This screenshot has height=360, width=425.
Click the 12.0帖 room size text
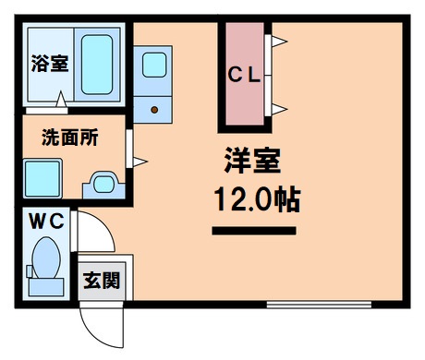coord(254,198)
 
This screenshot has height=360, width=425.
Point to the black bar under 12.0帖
coord(254,229)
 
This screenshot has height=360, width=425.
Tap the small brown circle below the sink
coord(153,109)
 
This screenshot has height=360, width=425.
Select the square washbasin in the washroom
coord(42,175)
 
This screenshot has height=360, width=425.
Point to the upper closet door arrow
coord(278,42)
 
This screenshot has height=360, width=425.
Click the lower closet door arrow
coord(278,111)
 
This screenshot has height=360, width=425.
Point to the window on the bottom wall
coord(319,304)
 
